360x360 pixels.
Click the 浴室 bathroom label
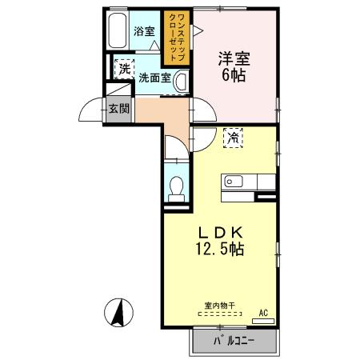(x=144, y=32)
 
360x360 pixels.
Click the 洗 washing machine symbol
(x=124, y=70)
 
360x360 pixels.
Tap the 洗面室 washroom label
(x=154, y=78)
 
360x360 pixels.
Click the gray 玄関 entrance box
(x=119, y=109)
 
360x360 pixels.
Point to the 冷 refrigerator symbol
(x=233, y=138)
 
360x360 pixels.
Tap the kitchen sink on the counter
(x=234, y=179)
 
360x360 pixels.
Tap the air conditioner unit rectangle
(x=262, y=321)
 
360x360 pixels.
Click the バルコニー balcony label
(x=234, y=342)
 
